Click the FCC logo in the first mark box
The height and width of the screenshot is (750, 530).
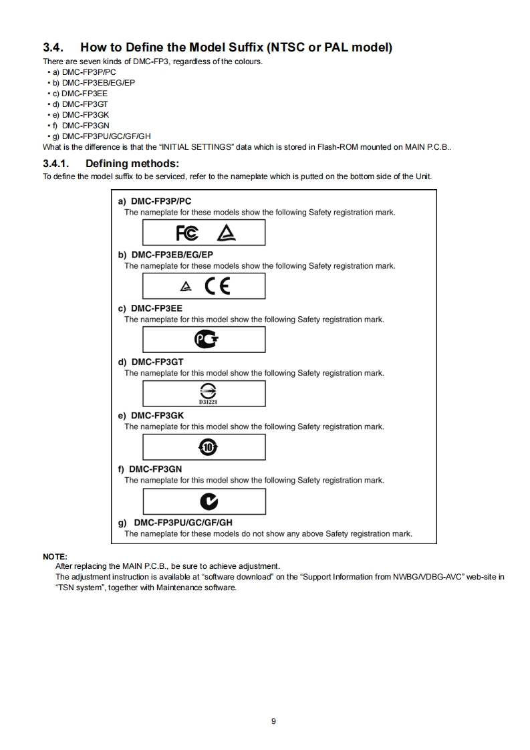coord(186,233)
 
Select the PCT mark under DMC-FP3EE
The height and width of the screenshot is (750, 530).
coord(205,340)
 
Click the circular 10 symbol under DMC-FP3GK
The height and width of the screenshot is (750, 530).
coord(209,447)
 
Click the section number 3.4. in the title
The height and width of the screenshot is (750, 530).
coord(54,47)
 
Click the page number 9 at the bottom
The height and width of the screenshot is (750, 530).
coord(273,721)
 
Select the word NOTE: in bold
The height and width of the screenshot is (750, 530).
coord(55,556)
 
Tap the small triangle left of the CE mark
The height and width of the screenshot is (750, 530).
coord(186,287)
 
